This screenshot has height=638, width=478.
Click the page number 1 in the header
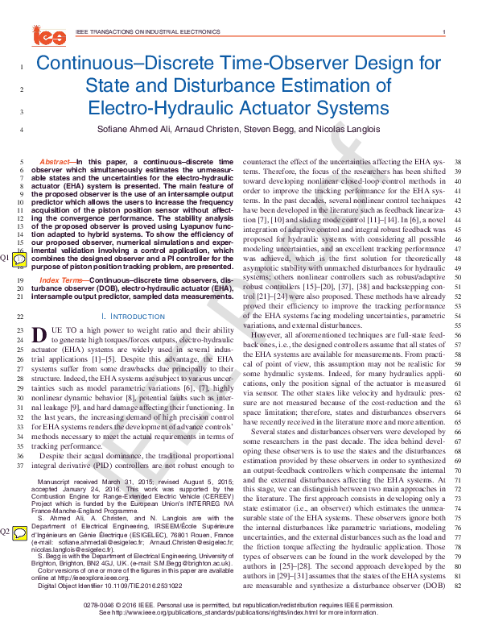pyautogui.click(x=443, y=32)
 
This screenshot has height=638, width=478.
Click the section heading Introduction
pyautogui.click(x=139, y=317)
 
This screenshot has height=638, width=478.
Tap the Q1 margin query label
pyautogui.click(x=6, y=257)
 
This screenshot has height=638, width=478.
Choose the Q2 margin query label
pyautogui.click(x=6, y=532)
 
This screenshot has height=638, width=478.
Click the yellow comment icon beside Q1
pyautogui.click(x=20, y=258)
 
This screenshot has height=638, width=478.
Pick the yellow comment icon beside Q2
pyautogui.click(x=20, y=532)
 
